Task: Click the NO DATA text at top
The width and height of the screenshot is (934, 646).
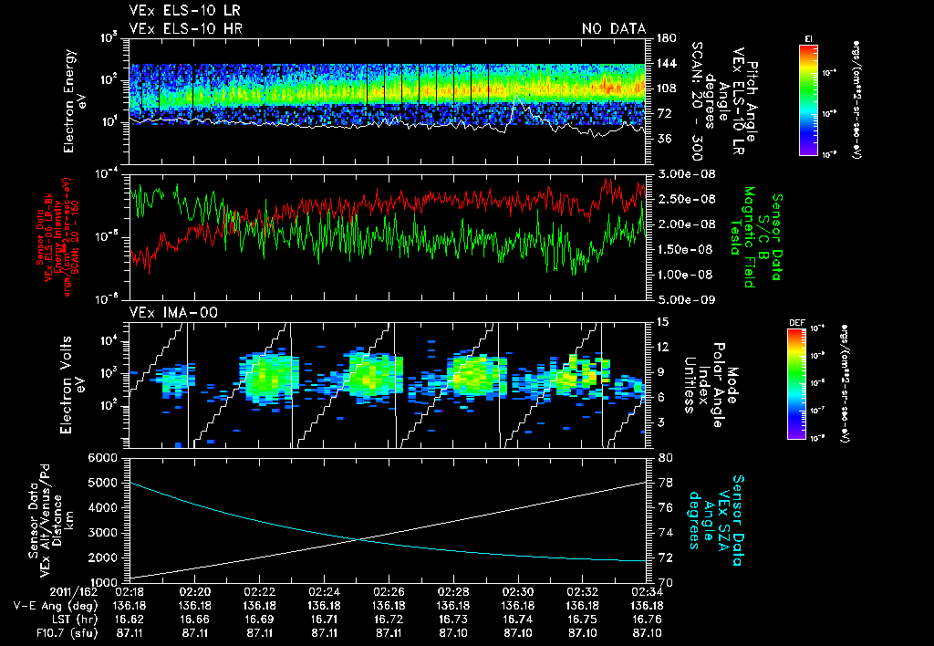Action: [x=613, y=28]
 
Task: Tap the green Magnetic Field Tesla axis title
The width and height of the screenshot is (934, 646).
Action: [x=749, y=235]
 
